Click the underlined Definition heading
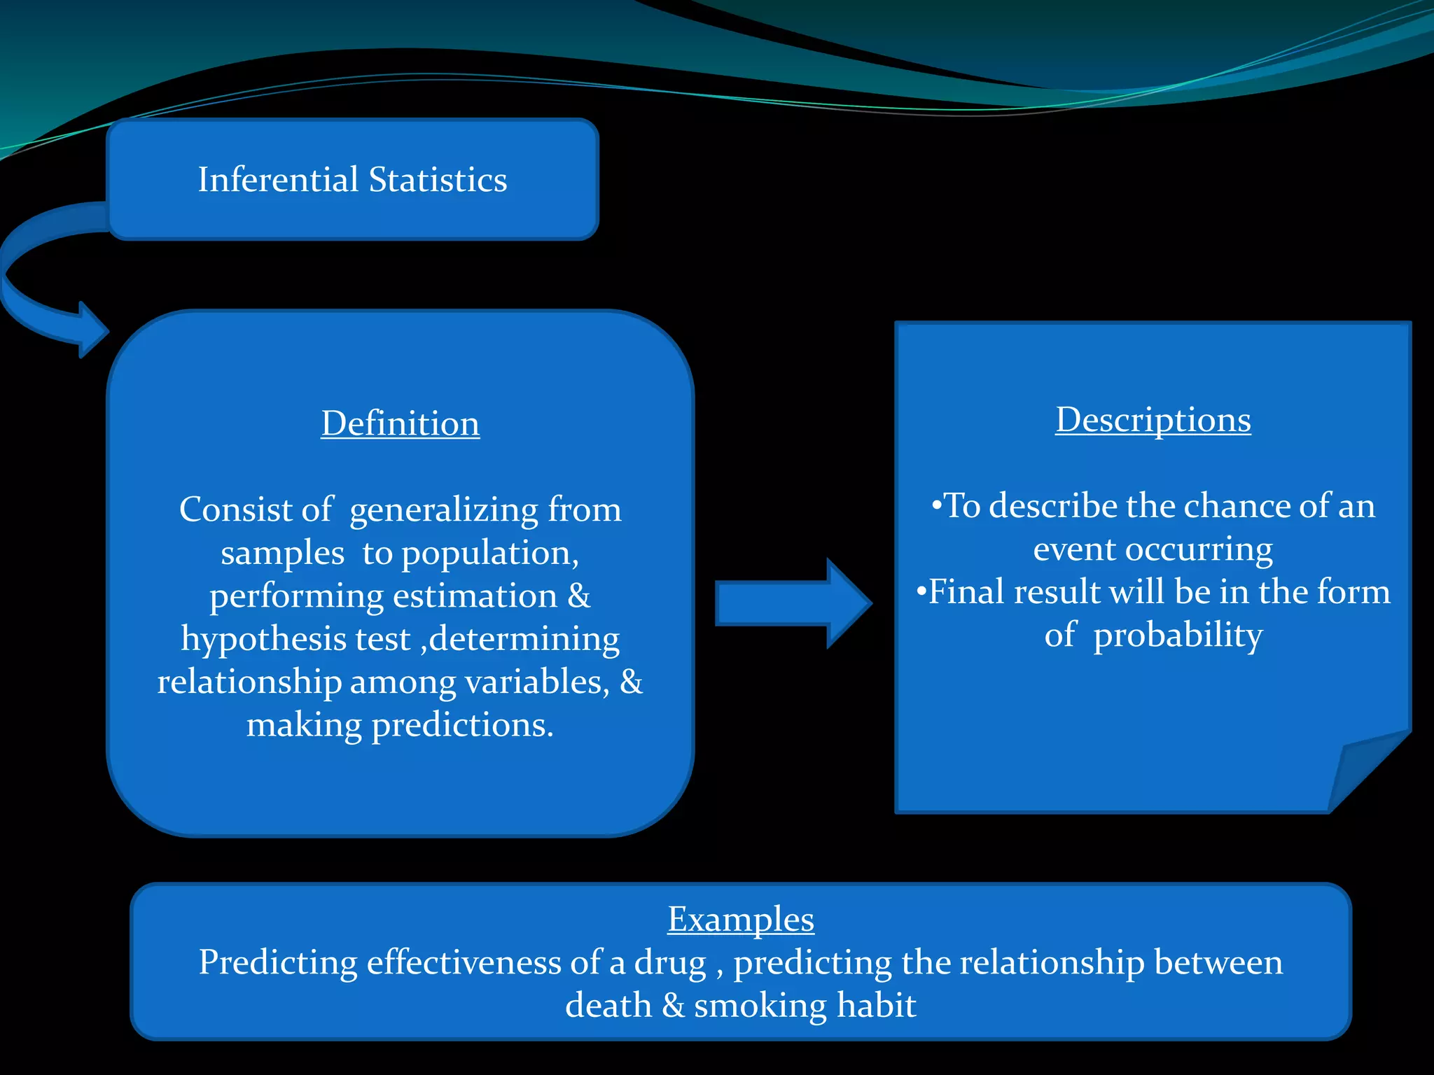click(401, 423)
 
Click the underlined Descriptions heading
click(1153, 420)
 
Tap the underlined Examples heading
click(741, 919)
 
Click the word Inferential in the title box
click(278, 180)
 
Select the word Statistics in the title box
click(438, 180)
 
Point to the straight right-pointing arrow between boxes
click(791, 603)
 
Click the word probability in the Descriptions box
click(1178, 635)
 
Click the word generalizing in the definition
click(443, 510)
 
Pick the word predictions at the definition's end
click(462, 725)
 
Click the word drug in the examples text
click(670, 963)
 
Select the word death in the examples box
click(608, 1006)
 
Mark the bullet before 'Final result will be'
click(921, 591)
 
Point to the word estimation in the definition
click(475, 596)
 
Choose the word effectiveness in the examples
click(464, 963)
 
